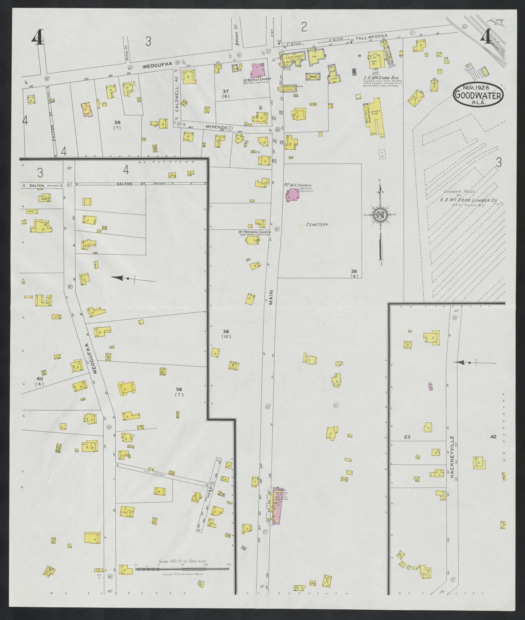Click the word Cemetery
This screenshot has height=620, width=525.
(x=317, y=225)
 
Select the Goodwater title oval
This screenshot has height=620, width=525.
(x=478, y=95)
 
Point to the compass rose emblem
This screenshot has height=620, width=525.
(x=380, y=215)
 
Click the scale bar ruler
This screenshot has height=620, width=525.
(x=182, y=356)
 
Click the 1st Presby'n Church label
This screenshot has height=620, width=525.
(x=254, y=232)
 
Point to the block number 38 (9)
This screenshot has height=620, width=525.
(x=354, y=274)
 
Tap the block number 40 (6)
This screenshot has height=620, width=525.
(x=40, y=381)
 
